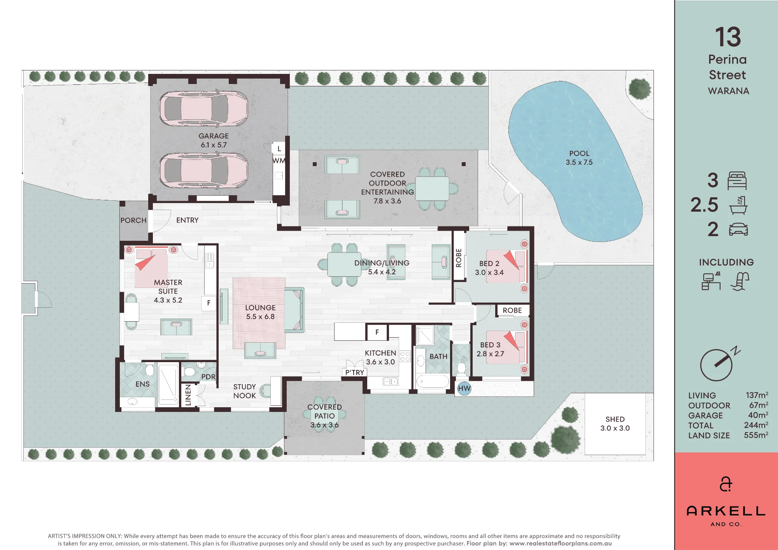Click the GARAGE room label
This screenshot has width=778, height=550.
tap(214, 136)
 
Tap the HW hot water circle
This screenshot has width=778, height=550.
tap(464, 388)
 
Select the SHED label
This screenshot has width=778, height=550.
tap(615, 419)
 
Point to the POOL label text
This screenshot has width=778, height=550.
tap(579, 154)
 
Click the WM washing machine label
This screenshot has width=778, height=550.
tap(279, 161)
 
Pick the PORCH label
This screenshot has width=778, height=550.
tap(133, 220)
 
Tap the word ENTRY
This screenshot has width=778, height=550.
tap(187, 220)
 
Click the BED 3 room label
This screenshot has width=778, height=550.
tap(490, 345)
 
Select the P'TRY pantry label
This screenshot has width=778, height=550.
tap(355, 372)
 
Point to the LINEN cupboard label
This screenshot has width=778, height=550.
tap(188, 395)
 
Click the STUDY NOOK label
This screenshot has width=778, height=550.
tap(245, 391)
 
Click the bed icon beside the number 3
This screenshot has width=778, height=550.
tap(737, 180)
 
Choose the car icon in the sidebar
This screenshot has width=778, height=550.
tap(738, 229)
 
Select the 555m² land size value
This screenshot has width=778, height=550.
tap(756, 435)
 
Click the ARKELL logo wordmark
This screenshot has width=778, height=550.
tap(726, 511)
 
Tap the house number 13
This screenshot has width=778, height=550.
tap(728, 37)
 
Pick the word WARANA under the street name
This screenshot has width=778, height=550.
tap(728, 91)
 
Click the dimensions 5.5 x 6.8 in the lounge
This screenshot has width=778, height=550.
tap(260, 317)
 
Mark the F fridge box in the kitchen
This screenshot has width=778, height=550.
tap(377, 332)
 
